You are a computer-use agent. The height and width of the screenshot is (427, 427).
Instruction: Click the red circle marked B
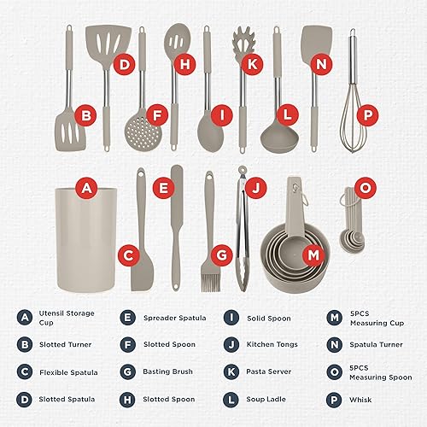(x=86, y=115)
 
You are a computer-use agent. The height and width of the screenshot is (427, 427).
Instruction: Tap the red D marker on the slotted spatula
(x=125, y=64)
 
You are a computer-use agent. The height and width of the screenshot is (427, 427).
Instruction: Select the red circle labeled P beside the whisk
(x=368, y=115)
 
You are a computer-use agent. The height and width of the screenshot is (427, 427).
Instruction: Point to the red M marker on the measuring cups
(x=313, y=254)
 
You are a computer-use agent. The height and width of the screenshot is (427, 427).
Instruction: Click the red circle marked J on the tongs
(x=256, y=187)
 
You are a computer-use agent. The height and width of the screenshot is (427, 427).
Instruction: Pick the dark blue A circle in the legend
(x=25, y=318)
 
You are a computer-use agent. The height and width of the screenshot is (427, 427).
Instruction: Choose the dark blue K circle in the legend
(x=231, y=371)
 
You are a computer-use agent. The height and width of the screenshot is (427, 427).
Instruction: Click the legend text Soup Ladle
(x=266, y=399)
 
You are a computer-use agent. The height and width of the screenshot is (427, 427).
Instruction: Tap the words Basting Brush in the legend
(x=167, y=371)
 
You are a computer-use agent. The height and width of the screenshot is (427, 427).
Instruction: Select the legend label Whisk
(x=360, y=400)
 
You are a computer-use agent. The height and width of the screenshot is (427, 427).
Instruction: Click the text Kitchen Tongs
(x=272, y=344)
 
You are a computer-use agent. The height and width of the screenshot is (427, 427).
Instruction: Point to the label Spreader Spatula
(x=175, y=318)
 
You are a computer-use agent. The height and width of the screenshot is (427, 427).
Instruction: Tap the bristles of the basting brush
(x=211, y=283)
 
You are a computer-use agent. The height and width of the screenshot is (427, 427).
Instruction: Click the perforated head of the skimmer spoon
(x=143, y=133)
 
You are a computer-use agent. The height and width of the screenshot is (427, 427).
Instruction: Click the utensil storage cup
(x=85, y=240)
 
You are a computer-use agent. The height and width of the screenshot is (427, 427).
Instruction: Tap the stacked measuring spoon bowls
(x=353, y=241)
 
